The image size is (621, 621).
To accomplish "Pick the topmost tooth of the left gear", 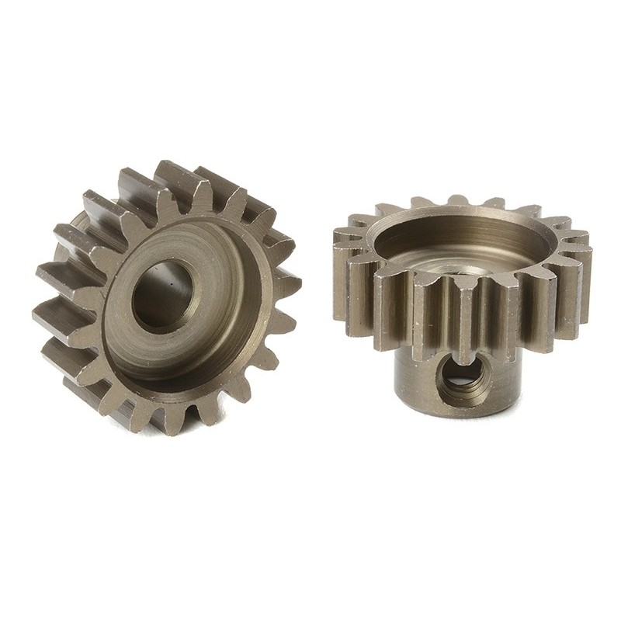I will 172,175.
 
